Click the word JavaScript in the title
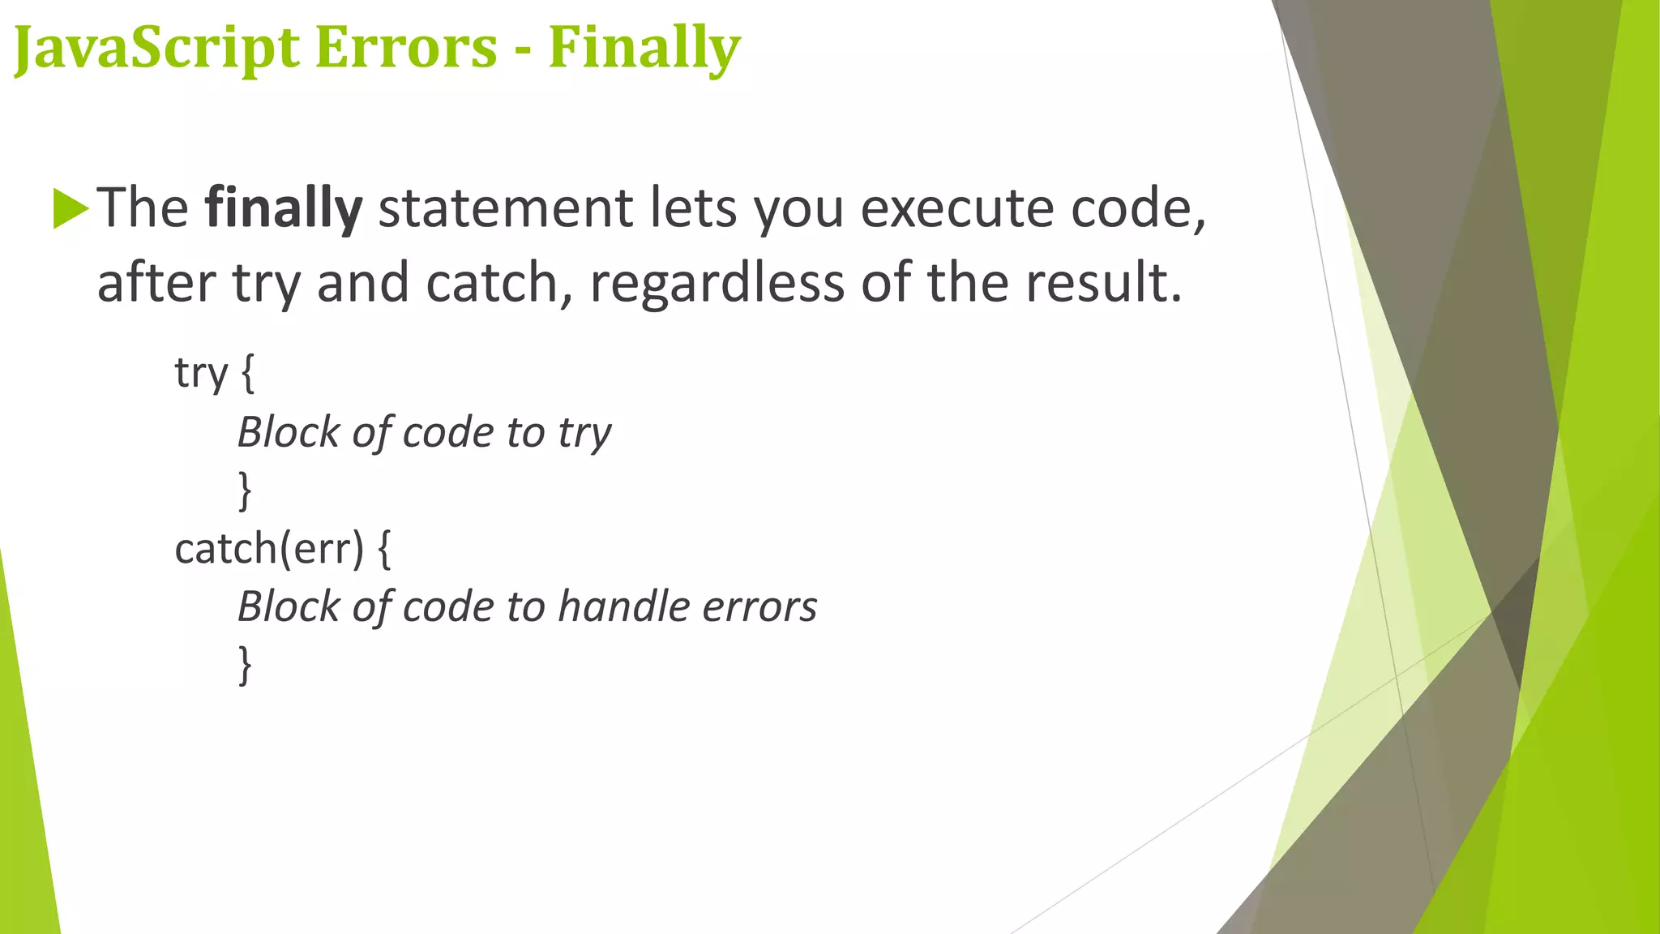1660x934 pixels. click(x=156, y=48)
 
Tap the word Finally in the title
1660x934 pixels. click(x=644, y=48)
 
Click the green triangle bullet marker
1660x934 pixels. click(x=70, y=208)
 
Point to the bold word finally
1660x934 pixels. click(x=283, y=208)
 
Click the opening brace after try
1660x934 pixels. click(x=248, y=374)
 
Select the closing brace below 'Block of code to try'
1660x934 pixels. click(x=245, y=491)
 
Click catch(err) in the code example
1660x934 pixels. click(x=269, y=549)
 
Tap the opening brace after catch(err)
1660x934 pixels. click(x=384, y=549)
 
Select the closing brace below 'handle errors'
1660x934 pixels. click(x=245, y=665)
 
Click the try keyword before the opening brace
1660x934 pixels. click(x=201, y=374)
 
